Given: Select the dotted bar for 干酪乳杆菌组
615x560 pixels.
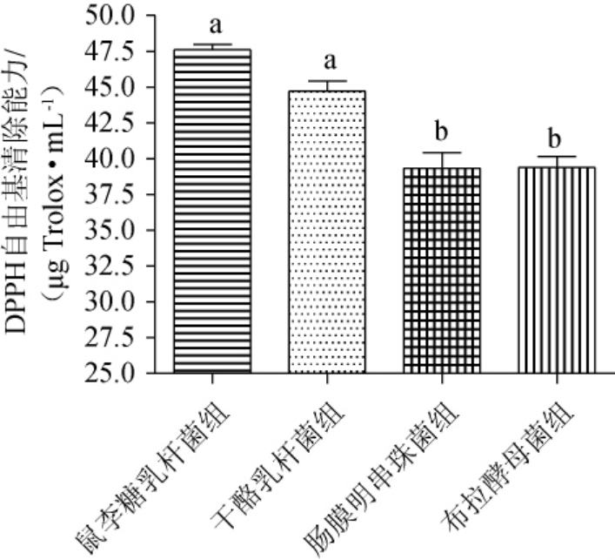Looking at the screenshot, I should [x=327, y=232].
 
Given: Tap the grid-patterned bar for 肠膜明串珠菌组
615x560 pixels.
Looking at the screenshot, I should [x=442, y=270].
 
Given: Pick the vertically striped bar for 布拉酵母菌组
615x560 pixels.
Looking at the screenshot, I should [x=557, y=270].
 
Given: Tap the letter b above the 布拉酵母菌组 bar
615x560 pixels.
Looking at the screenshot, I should [x=557, y=138].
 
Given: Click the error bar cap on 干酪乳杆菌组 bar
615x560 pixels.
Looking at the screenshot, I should [x=327, y=81].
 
